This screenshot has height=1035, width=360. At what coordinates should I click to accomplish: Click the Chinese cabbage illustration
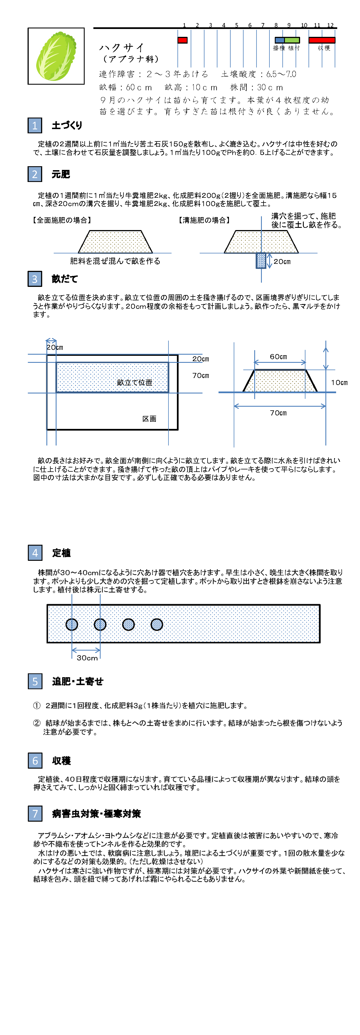pos(56,56)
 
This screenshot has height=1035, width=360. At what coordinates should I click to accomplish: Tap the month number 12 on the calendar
pos(330,25)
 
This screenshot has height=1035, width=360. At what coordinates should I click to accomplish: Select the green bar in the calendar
pos(292,40)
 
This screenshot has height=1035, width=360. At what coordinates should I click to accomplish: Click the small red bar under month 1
pos(183,40)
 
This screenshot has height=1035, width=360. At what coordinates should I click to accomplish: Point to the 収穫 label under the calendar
pos(324,48)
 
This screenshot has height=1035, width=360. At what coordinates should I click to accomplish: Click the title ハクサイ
pos(122,48)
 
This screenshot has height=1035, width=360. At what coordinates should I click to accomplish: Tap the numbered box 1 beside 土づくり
pos(35,125)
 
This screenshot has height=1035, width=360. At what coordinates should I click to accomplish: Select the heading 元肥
pos(61,174)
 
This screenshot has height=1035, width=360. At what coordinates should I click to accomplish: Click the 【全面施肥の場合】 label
pos(62,220)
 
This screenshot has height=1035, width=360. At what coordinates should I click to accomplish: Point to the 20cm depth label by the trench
pos(282,262)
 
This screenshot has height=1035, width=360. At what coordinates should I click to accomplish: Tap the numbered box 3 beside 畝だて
pos(35,279)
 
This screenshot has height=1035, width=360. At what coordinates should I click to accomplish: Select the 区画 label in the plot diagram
pos(149,419)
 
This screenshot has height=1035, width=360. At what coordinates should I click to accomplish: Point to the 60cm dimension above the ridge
pos(278,357)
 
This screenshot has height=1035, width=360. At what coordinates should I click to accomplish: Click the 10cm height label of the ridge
pos(339,382)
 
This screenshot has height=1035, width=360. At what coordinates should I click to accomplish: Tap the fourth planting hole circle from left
pos(157,624)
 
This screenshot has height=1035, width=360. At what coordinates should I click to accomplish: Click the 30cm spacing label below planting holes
pos(87,658)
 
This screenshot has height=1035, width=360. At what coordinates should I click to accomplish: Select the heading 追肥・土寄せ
pos(78,681)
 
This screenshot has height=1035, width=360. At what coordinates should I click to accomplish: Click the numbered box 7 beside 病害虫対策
pos(35,814)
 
